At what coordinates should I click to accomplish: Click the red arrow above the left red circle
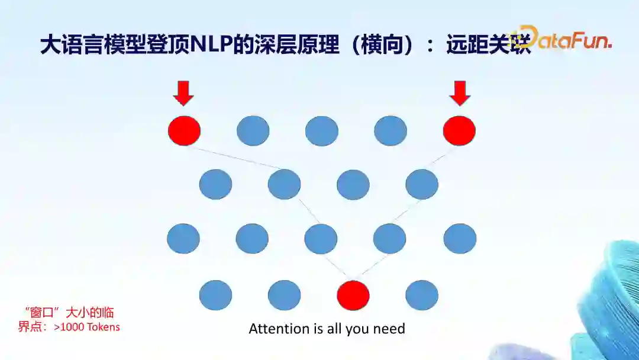[184, 93]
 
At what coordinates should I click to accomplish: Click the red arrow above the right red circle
[459, 93]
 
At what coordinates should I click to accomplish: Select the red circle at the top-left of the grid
[184, 131]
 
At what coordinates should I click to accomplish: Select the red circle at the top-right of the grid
[459, 131]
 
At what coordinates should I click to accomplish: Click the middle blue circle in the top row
[322, 131]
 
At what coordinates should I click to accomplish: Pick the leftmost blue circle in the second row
[215, 184]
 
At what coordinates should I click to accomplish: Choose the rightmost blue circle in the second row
[422, 184]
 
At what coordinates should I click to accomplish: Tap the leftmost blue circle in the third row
[183, 239]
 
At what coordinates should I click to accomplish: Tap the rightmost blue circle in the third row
[460, 239]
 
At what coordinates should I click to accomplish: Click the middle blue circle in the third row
[321, 239]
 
